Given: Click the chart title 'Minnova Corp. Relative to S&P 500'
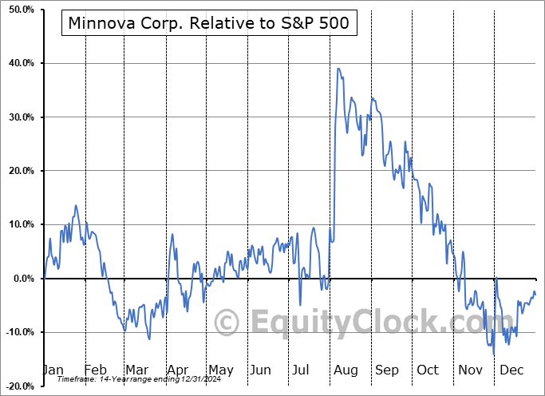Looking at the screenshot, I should (x=208, y=23).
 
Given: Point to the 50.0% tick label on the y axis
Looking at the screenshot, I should (x=18, y=10).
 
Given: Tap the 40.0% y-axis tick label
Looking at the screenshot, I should (x=18, y=63).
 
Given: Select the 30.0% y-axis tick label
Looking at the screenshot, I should (x=18, y=117).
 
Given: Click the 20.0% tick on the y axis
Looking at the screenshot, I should (x=18, y=171).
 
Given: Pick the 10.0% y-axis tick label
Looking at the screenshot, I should (x=18, y=224).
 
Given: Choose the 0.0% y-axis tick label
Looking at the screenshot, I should (x=21, y=279).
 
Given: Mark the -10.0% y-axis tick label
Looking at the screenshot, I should (x=17, y=332).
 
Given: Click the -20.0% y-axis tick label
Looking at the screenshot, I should (x=17, y=386).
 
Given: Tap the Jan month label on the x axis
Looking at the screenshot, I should (x=53, y=370).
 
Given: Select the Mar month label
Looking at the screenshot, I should (x=136, y=370).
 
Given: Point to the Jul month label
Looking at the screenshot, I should (x=301, y=370).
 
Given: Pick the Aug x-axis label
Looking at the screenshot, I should (x=346, y=370).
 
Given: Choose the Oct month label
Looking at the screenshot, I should (x=428, y=370).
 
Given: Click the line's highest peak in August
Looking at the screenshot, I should (x=338, y=69).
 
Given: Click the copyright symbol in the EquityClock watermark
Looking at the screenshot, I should (x=227, y=323).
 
